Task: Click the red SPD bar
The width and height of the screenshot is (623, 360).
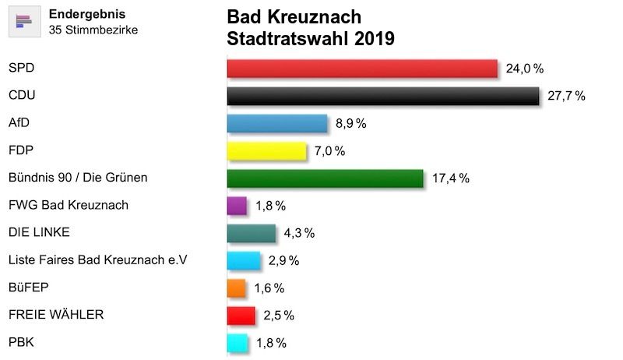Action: pyautogui.click(x=361, y=69)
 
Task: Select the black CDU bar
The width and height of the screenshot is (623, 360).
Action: pyautogui.click(x=382, y=96)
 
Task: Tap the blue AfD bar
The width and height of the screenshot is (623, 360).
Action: pyautogui.click(x=276, y=123)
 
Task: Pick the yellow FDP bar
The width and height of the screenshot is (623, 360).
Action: pyautogui.click(x=266, y=150)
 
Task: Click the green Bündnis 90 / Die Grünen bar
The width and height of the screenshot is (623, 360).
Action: pyautogui.click(x=325, y=178)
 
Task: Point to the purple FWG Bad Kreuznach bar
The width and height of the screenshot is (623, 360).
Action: pyautogui.click(x=237, y=206)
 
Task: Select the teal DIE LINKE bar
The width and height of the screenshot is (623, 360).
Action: pyautogui.click(x=251, y=233)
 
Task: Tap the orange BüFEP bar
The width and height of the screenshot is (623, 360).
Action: pyautogui.click(x=237, y=288)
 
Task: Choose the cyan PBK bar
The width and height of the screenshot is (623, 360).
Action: pyautogui.click(x=237, y=342)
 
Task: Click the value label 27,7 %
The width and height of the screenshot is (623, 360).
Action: pyautogui.click(x=566, y=97)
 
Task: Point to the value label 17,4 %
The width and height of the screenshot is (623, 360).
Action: pyautogui.click(x=450, y=178)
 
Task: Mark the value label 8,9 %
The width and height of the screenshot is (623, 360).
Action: pyautogui.click(x=350, y=123)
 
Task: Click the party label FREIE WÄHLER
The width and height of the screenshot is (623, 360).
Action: pyautogui.click(x=55, y=314)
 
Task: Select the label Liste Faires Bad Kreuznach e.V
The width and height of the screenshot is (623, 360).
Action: pyautogui.click(x=97, y=259)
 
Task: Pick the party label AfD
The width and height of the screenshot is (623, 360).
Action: pyautogui.click(x=19, y=122)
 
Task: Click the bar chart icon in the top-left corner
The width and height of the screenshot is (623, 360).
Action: pyautogui.click(x=23, y=20)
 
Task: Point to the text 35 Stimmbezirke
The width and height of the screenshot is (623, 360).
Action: pyautogui.click(x=93, y=30)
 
